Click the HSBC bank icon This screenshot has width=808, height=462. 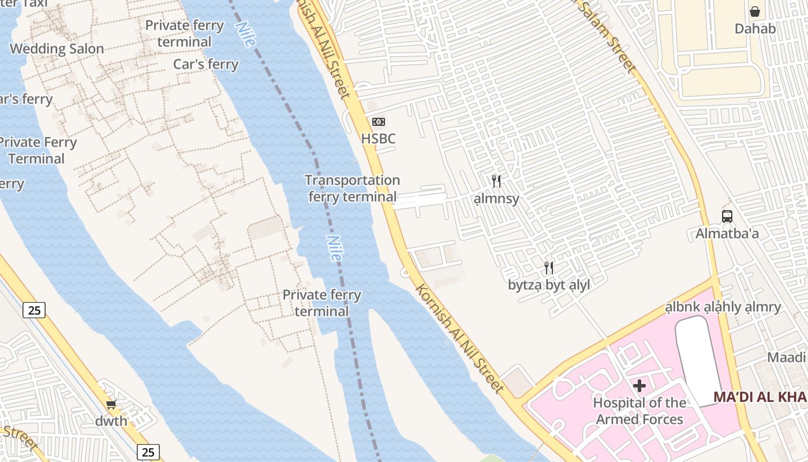pyautogui.click(x=379, y=122)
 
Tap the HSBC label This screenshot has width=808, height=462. pyautogui.click(x=379, y=139)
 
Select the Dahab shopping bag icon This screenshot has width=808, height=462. pyautogui.click(x=754, y=12)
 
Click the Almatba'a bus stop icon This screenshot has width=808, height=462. pyautogui.click(x=727, y=217)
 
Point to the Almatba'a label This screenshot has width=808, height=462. pyautogui.click(x=727, y=234)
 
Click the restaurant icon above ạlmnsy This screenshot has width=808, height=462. pyautogui.click(x=496, y=181)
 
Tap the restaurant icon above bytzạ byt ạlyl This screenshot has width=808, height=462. pyautogui.click(x=549, y=268)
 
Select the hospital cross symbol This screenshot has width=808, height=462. pyautogui.click(x=639, y=385)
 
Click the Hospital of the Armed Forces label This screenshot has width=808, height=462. pyautogui.click(x=639, y=411)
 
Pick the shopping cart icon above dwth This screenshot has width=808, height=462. pyautogui.click(x=111, y=404)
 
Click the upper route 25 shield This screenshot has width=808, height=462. pyautogui.click(x=35, y=310)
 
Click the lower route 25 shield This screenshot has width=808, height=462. pyautogui.click(x=148, y=452)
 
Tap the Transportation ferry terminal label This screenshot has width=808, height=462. pyautogui.click(x=352, y=188)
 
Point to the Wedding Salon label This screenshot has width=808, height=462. pyautogui.click(x=57, y=49)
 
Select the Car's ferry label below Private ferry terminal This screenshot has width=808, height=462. pyautogui.click(x=206, y=64)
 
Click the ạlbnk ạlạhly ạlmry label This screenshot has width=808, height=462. pyautogui.click(x=723, y=307)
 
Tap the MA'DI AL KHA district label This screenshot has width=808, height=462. pyautogui.click(x=760, y=397)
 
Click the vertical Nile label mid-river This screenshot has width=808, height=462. pyautogui.click(x=334, y=247)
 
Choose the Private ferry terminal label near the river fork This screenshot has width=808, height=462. pyautogui.click(x=321, y=303)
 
